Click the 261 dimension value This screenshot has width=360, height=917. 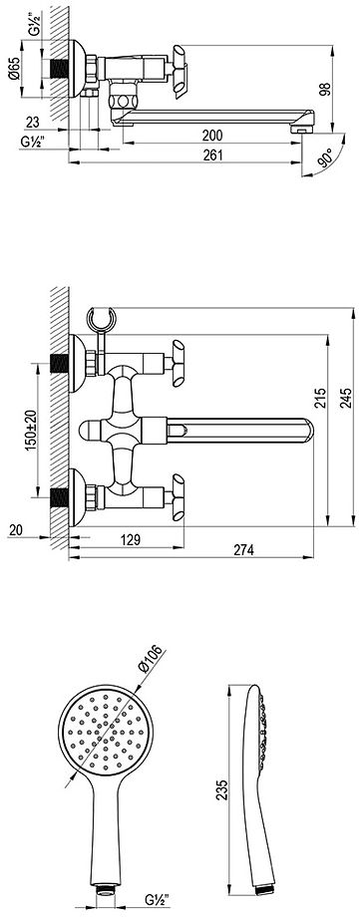point(214,154)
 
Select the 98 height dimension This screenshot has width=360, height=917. point(325,89)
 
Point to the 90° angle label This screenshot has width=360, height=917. point(325,157)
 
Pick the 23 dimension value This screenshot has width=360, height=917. point(32,122)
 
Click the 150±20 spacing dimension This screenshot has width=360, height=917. point(32,430)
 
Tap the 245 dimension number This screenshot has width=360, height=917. point(345,399)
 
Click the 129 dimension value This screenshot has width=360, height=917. point(130,539)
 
